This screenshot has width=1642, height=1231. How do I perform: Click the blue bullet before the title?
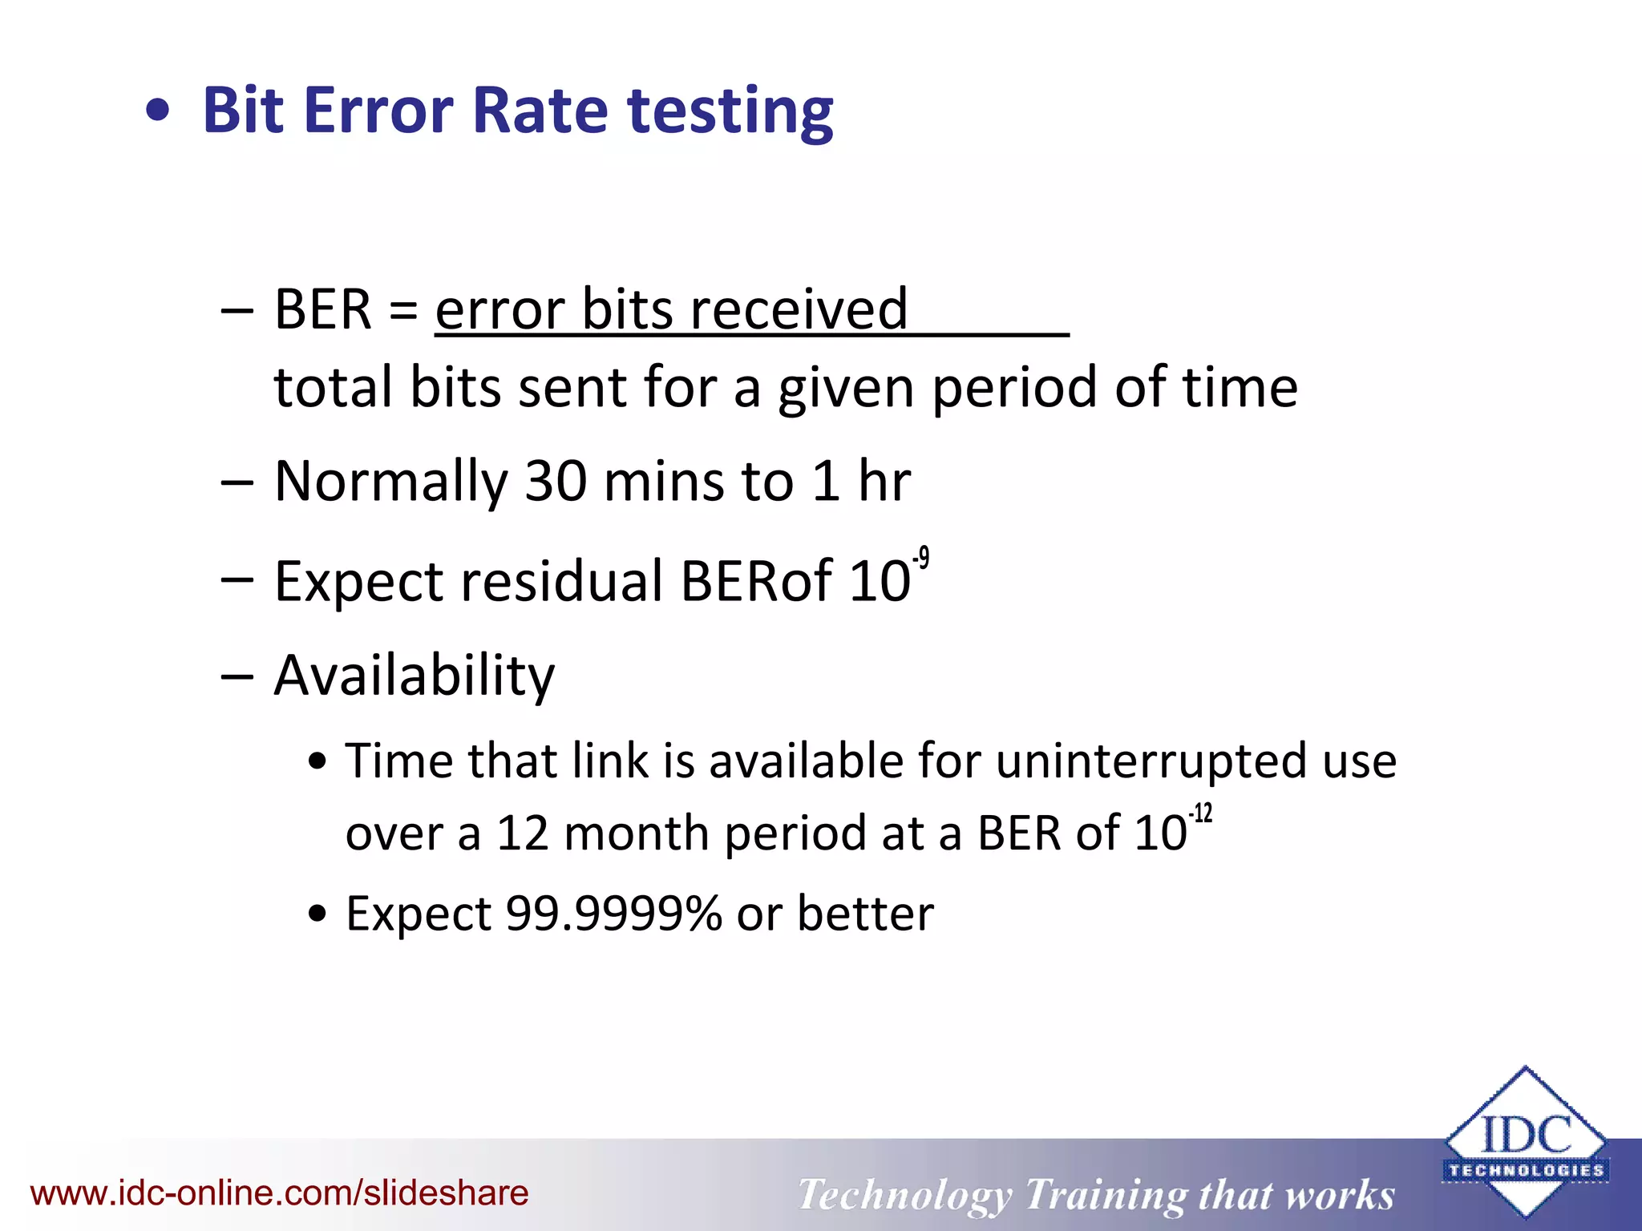[x=159, y=111]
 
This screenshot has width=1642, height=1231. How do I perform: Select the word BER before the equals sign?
[x=322, y=309]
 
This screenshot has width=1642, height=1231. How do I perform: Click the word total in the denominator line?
[x=333, y=387]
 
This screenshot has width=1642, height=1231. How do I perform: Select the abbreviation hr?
[x=884, y=482]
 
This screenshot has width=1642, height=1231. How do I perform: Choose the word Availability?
[x=414, y=676]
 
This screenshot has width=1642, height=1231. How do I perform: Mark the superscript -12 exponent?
[x=1200, y=814]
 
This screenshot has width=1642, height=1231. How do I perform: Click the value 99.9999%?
[x=613, y=914]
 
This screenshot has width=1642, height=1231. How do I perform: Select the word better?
[x=865, y=914]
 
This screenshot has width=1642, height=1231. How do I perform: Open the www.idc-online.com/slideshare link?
[x=279, y=1193]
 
